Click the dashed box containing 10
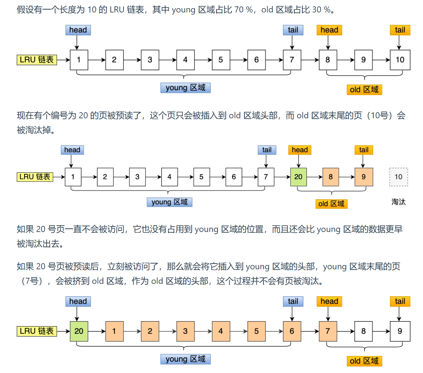(399, 177)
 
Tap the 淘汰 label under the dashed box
(399, 202)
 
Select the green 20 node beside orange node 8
(298, 177)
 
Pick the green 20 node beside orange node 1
(79, 331)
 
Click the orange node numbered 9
(364, 177)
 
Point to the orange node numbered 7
(328, 331)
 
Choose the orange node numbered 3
(185, 331)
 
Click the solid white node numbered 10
(400, 60)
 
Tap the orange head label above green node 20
(300, 150)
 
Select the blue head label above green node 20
(78, 302)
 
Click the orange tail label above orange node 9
(364, 150)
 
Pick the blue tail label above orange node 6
(293, 302)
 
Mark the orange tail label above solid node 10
(400, 30)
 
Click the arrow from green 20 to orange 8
(314, 177)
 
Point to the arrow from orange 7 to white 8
(346, 331)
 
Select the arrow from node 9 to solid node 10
(381, 60)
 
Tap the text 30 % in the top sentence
(321, 10)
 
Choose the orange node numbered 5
(257, 331)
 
